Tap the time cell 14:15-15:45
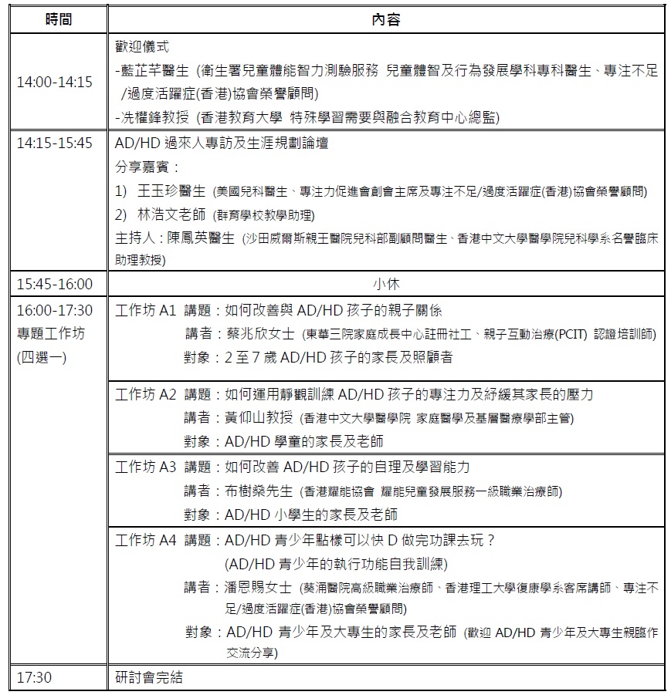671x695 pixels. pyautogui.click(x=55, y=143)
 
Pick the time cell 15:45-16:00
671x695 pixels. pyautogui.click(x=55, y=284)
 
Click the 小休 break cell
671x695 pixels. pyautogui.click(x=385, y=284)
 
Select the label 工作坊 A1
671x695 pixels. pyautogui.click(x=146, y=311)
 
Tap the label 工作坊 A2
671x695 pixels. pyautogui.click(x=146, y=394)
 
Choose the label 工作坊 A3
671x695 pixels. pyautogui.click(x=146, y=467)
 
